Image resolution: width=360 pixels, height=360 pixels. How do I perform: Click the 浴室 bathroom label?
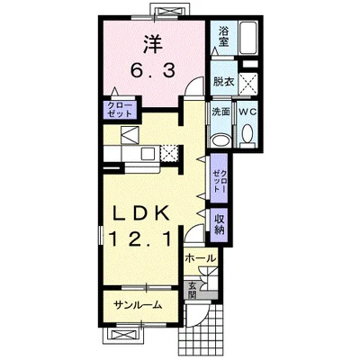223,37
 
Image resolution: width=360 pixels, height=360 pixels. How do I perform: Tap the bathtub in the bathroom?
248,38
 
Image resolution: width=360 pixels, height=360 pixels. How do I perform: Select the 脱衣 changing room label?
223,81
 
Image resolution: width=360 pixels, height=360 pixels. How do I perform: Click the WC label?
247,112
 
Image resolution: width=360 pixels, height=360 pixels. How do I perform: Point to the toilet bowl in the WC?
247,134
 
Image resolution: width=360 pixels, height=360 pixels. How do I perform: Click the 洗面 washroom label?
221,112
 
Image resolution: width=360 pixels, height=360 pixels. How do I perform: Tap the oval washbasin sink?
221,140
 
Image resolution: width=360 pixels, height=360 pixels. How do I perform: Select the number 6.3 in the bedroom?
152,71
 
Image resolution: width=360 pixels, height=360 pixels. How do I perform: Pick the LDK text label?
140,214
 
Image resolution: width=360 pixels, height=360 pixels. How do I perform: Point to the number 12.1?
140,239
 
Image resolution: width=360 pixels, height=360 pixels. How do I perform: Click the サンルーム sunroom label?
139,305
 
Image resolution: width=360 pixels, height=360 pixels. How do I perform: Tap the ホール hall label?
201,258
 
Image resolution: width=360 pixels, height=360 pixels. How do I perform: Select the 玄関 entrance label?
192,291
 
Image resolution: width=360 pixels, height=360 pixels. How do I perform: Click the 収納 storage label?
220,225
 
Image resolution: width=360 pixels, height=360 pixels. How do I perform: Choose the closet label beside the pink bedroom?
120,110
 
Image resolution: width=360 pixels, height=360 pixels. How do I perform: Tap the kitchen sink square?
148,154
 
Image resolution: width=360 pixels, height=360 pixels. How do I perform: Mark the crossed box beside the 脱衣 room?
249,83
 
